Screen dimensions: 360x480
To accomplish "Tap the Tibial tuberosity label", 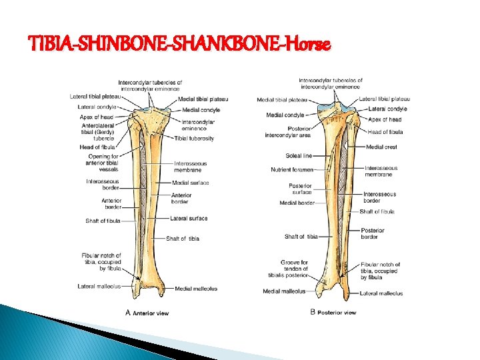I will [194, 139].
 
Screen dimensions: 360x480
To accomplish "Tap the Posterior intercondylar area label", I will [290, 131].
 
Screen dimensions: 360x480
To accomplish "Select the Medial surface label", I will [190, 183].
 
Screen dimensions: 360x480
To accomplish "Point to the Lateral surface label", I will [189, 218].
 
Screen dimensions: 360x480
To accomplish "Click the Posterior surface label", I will [300, 189].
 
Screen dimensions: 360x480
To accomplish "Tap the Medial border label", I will [297, 203].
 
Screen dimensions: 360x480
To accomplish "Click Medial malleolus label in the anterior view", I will [195, 289].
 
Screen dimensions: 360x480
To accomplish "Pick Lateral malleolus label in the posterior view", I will [381, 293].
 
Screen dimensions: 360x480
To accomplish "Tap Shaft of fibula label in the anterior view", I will [103, 221].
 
